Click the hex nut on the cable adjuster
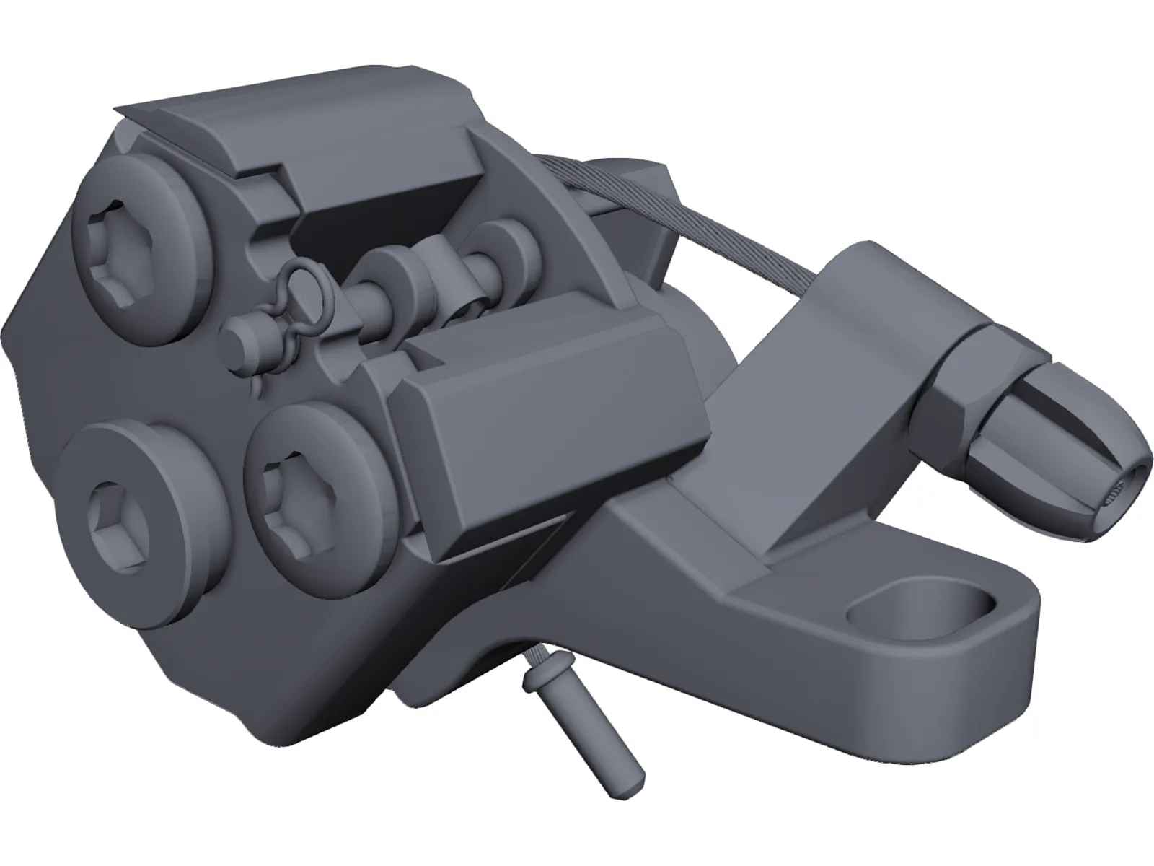(952, 382)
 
